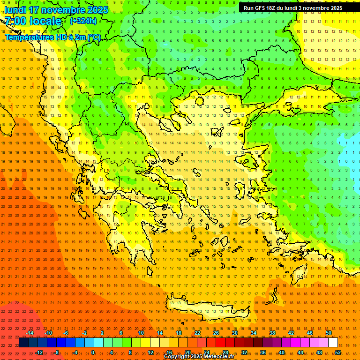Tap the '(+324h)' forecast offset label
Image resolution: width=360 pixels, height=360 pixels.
83,21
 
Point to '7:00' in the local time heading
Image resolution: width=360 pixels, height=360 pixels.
16,21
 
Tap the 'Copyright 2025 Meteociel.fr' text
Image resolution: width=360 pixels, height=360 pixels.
199,357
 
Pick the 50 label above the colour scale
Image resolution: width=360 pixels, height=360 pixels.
329,333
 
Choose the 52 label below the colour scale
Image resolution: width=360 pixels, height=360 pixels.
338,352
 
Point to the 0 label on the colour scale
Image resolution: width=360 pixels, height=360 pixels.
93,352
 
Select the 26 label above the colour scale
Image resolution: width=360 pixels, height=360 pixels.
216,333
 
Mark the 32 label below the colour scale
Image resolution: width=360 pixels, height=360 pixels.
244,352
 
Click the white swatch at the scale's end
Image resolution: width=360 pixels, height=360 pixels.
333,343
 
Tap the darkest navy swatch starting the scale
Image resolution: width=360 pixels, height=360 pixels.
23,343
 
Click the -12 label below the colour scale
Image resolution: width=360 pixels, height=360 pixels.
39,352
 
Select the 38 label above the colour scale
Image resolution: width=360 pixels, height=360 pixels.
272,333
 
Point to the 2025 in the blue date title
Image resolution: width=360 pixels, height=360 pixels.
96,10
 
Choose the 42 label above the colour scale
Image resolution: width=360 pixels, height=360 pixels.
291,333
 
